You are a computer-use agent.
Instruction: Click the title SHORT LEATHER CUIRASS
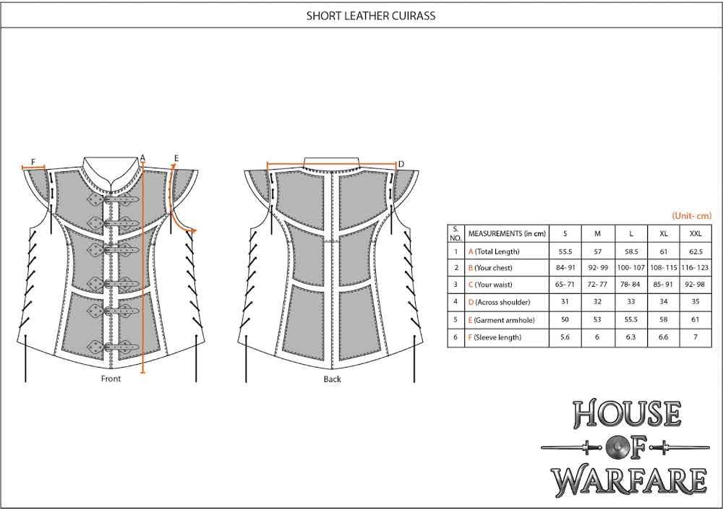pos(361,14)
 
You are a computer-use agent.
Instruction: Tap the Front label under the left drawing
pos(111,379)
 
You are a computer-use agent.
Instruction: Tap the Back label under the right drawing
pos(332,379)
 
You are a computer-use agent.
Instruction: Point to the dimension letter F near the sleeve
pos(33,161)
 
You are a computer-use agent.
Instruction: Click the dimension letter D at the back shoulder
pos(401,164)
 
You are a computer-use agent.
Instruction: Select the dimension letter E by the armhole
pos(176,157)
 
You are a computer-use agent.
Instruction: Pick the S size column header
pos(565,234)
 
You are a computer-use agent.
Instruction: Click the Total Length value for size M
pos(597,252)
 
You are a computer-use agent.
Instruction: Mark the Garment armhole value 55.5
pos(631,320)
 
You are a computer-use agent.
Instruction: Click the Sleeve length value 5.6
pos(565,337)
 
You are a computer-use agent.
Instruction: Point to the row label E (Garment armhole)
pos(498,320)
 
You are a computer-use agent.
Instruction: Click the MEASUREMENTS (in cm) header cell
pos(503,234)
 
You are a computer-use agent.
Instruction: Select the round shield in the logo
pos(628,448)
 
